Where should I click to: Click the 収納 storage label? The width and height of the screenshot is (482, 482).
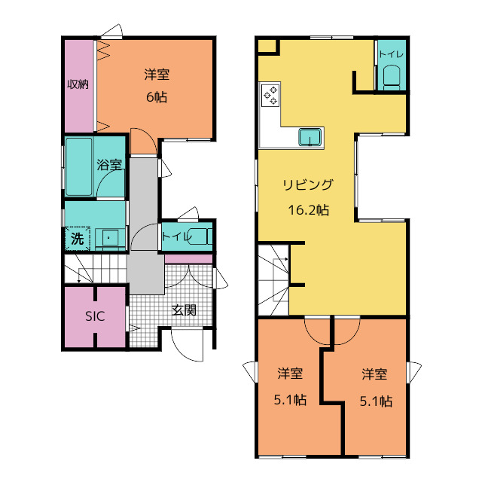78,84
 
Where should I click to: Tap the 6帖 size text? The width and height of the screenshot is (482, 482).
157,97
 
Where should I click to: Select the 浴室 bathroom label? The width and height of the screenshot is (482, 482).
109,165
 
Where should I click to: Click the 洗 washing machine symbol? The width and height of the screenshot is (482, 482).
77,239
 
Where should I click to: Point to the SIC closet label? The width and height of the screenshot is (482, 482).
95,316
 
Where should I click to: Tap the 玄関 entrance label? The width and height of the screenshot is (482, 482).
184,310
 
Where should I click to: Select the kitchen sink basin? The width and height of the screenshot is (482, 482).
310,137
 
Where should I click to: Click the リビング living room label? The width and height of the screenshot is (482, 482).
308,185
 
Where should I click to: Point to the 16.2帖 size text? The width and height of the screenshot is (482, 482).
308,210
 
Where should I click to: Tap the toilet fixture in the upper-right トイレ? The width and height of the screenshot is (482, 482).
392,78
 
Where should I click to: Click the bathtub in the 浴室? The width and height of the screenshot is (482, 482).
79,166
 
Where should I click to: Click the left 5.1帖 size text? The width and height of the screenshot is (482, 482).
290,400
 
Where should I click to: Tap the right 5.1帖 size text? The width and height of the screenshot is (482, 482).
376,401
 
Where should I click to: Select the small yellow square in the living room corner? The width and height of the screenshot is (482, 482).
267,46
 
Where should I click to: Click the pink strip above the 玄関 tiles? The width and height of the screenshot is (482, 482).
188,259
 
